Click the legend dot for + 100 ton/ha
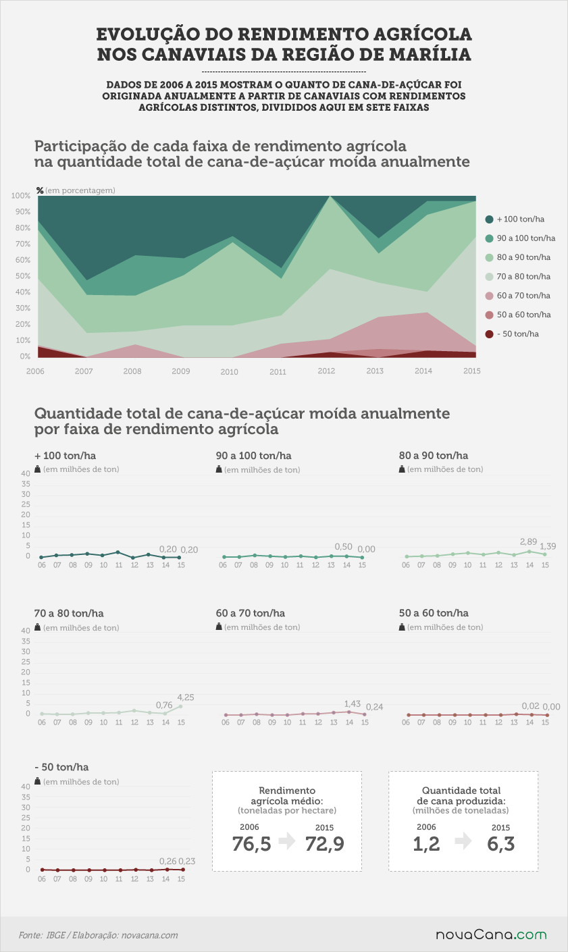point(490,219)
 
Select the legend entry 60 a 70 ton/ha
point(518,296)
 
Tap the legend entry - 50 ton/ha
point(512,334)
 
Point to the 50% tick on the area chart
point(23,276)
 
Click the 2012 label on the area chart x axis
point(326,371)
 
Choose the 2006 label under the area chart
point(35,371)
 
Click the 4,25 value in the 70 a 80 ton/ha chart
point(186,697)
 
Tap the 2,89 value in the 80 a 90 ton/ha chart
point(528,542)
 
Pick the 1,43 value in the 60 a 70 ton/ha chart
point(353,704)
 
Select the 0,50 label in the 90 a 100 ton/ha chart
point(344,547)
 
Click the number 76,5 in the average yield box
point(252,844)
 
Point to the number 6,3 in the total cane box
point(501,844)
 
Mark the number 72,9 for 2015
point(325,844)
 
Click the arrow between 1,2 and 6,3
point(463,841)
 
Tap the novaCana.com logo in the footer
point(491,935)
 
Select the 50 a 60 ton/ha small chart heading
point(434,613)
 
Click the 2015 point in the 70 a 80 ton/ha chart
point(181,706)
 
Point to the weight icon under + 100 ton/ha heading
point(37,469)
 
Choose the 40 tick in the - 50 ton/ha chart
point(26,787)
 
